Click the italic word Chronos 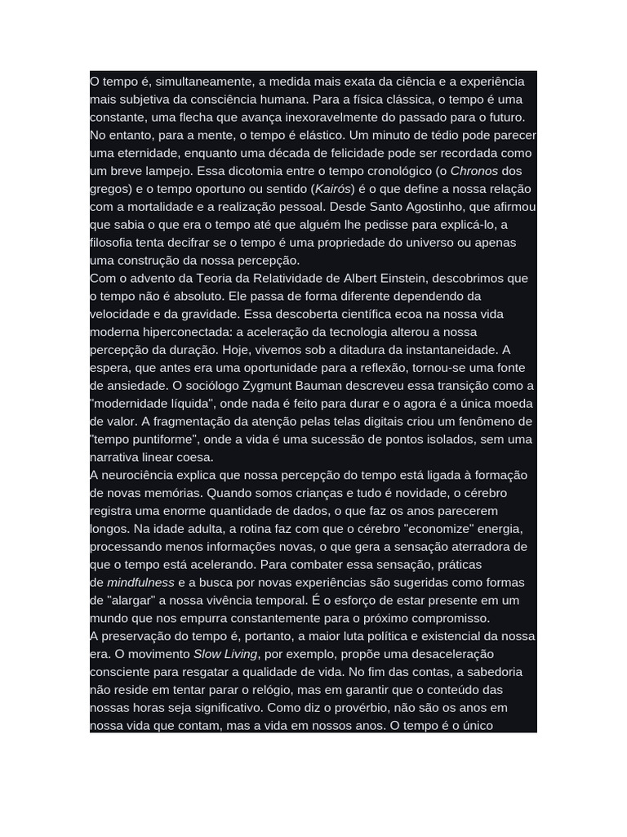(474, 171)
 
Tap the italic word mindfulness (141, 583)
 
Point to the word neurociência (138, 476)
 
